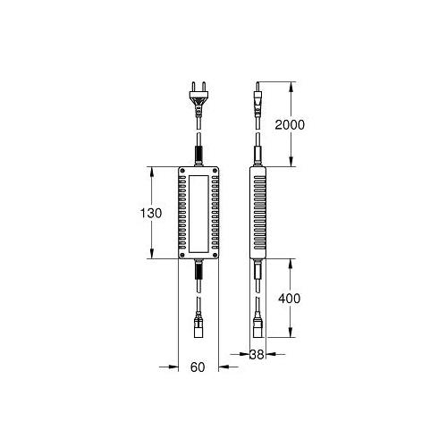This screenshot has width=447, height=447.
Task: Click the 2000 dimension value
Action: [x=290, y=124]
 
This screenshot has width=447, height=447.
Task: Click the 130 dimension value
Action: [x=151, y=213]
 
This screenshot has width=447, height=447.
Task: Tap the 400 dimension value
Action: [x=290, y=299]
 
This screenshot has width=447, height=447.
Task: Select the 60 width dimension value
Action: [x=198, y=367]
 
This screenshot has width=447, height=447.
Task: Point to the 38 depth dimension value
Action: [x=257, y=354]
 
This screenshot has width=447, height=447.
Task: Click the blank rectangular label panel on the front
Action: [x=198, y=213]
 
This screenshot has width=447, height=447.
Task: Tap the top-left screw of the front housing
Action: [x=182, y=171]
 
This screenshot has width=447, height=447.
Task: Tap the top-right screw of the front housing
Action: [x=215, y=171]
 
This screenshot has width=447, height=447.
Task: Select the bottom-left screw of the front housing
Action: [x=182, y=255]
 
